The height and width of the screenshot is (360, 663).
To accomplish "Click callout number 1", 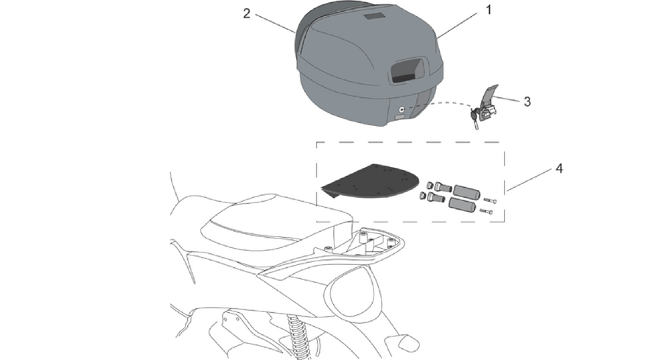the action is [x=489, y=10].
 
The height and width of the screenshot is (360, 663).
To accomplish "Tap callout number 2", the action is [x=247, y=13].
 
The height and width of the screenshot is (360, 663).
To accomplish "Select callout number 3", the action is [x=527, y=102].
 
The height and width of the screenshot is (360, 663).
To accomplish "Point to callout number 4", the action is [x=559, y=169].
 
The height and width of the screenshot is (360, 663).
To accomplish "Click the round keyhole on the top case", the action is [x=401, y=109].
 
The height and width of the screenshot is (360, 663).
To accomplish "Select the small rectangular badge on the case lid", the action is [x=374, y=16].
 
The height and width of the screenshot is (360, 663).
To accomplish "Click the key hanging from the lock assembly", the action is [x=474, y=119].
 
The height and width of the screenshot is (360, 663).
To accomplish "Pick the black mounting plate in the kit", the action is [x=371, y=182].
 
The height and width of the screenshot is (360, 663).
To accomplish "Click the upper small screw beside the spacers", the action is [x=490, y=200].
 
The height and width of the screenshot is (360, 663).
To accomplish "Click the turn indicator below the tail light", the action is [x=404, y=341].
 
